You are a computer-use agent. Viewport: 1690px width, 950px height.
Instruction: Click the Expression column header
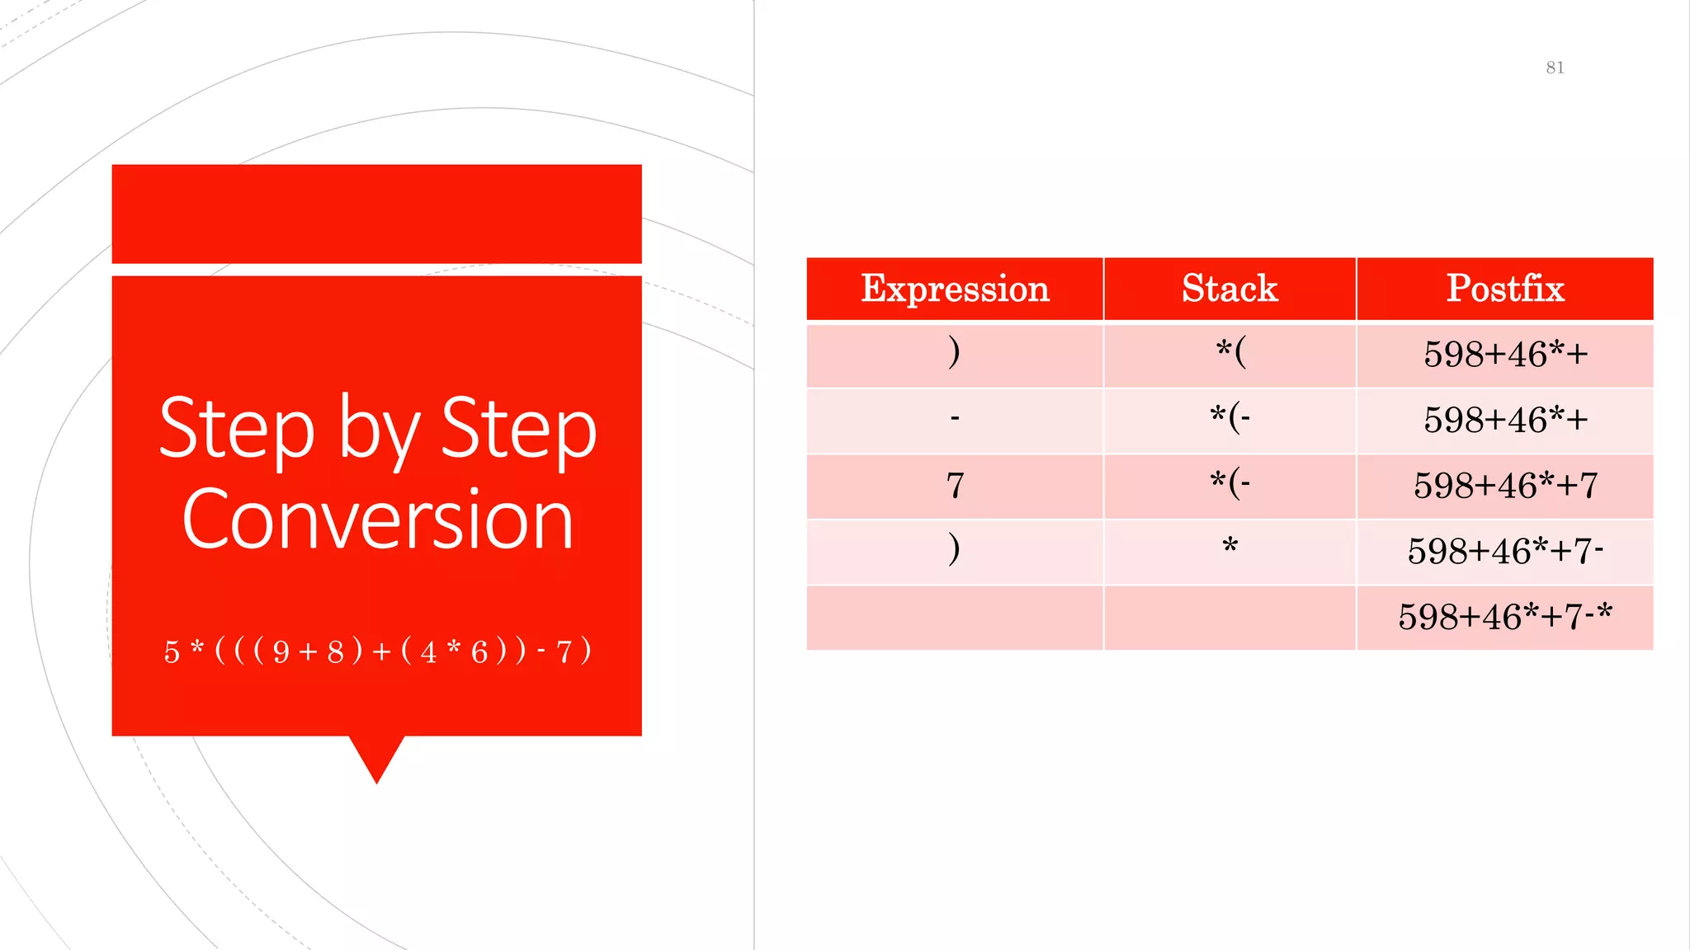[955, 289]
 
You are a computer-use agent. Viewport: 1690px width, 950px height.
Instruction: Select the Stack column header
[1230, 289]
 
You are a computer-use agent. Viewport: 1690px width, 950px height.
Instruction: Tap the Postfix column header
[1504, 289]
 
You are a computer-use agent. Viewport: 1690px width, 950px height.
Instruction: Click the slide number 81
[1555, 68]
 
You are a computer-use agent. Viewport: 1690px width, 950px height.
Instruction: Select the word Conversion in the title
[377, 520]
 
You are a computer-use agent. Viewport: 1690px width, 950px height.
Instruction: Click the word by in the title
[379, 429]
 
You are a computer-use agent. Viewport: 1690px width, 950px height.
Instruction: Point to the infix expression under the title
[377, 651]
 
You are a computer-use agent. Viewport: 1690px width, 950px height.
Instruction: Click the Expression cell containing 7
[955, 486]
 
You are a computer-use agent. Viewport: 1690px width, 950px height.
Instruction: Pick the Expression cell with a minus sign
[955, 420]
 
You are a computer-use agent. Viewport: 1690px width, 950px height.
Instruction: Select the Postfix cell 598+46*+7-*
[1504, 617]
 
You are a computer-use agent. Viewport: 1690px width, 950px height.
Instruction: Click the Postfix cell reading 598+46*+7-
[1504, 551]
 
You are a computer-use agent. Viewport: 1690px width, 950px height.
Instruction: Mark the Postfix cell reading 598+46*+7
[1504, 486]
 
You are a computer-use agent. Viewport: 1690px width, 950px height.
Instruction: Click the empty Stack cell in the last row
[1230, 618]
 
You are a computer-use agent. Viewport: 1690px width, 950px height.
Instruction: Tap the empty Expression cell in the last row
[955, 618]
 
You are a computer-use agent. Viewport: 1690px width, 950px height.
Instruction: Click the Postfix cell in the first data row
[1504, 355]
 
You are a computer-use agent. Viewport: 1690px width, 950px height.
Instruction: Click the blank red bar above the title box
[377, 214]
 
